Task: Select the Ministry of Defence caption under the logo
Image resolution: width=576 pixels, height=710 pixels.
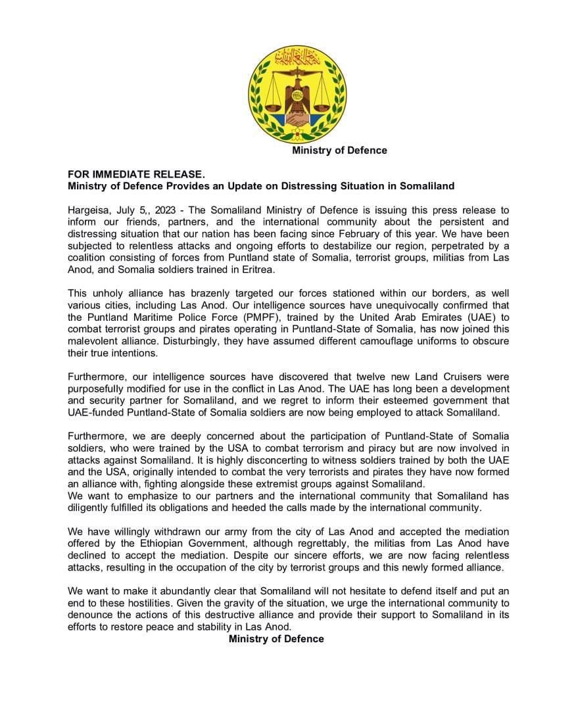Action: point(339,151)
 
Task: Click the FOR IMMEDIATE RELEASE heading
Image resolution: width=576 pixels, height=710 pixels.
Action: point(136,174)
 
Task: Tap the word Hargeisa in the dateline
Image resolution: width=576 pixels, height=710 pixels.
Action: point(90,210)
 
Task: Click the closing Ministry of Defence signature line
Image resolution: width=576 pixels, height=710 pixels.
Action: point(276,638)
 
